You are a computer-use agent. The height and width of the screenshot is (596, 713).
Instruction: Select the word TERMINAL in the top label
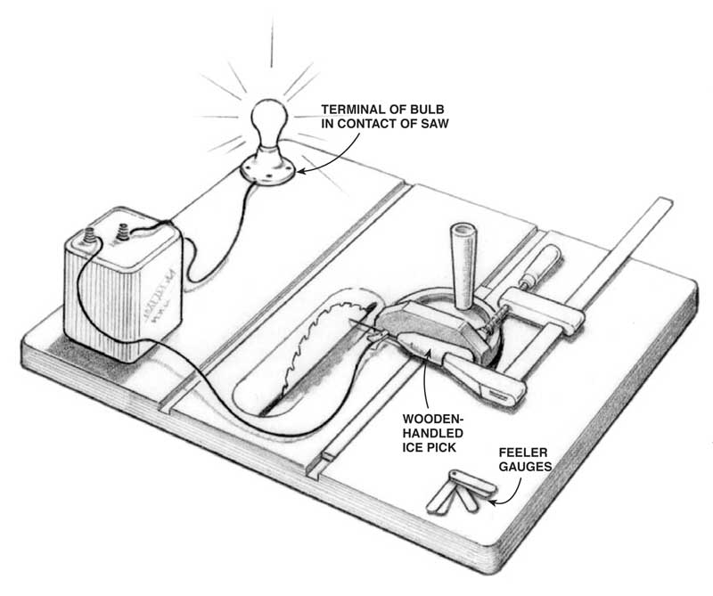pyautogui.click(x=349, y=110)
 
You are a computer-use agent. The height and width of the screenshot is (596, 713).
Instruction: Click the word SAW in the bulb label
pyautogui.click(x=435, y=123)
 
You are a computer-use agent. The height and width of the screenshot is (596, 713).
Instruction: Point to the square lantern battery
pyautogui.click(x=123, y=284)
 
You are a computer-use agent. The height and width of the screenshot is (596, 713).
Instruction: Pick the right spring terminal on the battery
pyautogui.click(x=123, y=230)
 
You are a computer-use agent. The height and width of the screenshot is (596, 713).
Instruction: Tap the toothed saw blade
pyautogui.click(x=324, y=350)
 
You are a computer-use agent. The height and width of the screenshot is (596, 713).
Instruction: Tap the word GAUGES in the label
pyautogui.click(x=525, y=467)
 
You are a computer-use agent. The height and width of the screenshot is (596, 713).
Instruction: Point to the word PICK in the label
pyautogui.click(x=442, y=447)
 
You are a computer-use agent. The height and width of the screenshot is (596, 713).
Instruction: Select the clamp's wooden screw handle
pyautogui.click(x=541, y=263)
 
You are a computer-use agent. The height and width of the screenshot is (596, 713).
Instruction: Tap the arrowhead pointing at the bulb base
pyautogui.click(x=301, y=172)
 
